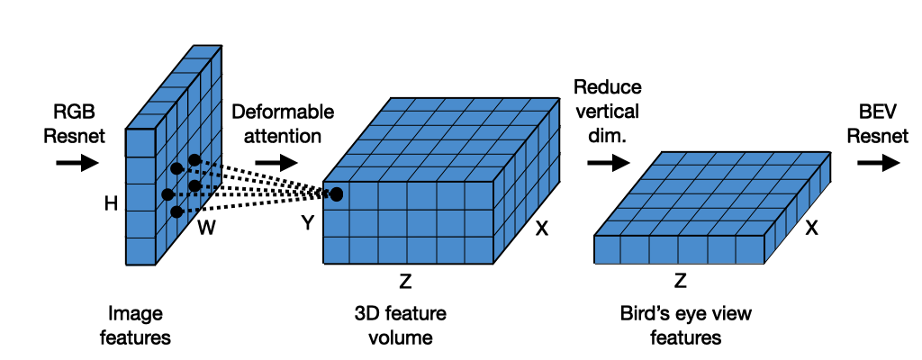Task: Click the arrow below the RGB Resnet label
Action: point(77,163)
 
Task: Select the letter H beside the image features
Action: point(111,204)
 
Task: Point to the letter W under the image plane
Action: point(207,229)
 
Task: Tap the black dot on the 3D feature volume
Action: point(337,193)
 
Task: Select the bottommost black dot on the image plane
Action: point(176,211)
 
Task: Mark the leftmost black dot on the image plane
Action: point(167,193)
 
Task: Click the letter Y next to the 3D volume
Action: point(307,223)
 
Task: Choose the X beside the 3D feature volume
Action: point(542,229)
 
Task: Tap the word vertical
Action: point(607,112)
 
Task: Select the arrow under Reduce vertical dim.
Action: point(608,163)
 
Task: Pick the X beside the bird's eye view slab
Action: point(811,229)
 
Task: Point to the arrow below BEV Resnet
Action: point(878,163)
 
